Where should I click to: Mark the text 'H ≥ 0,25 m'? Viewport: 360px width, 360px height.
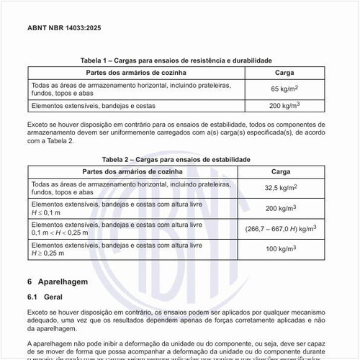tap(48, 253)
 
